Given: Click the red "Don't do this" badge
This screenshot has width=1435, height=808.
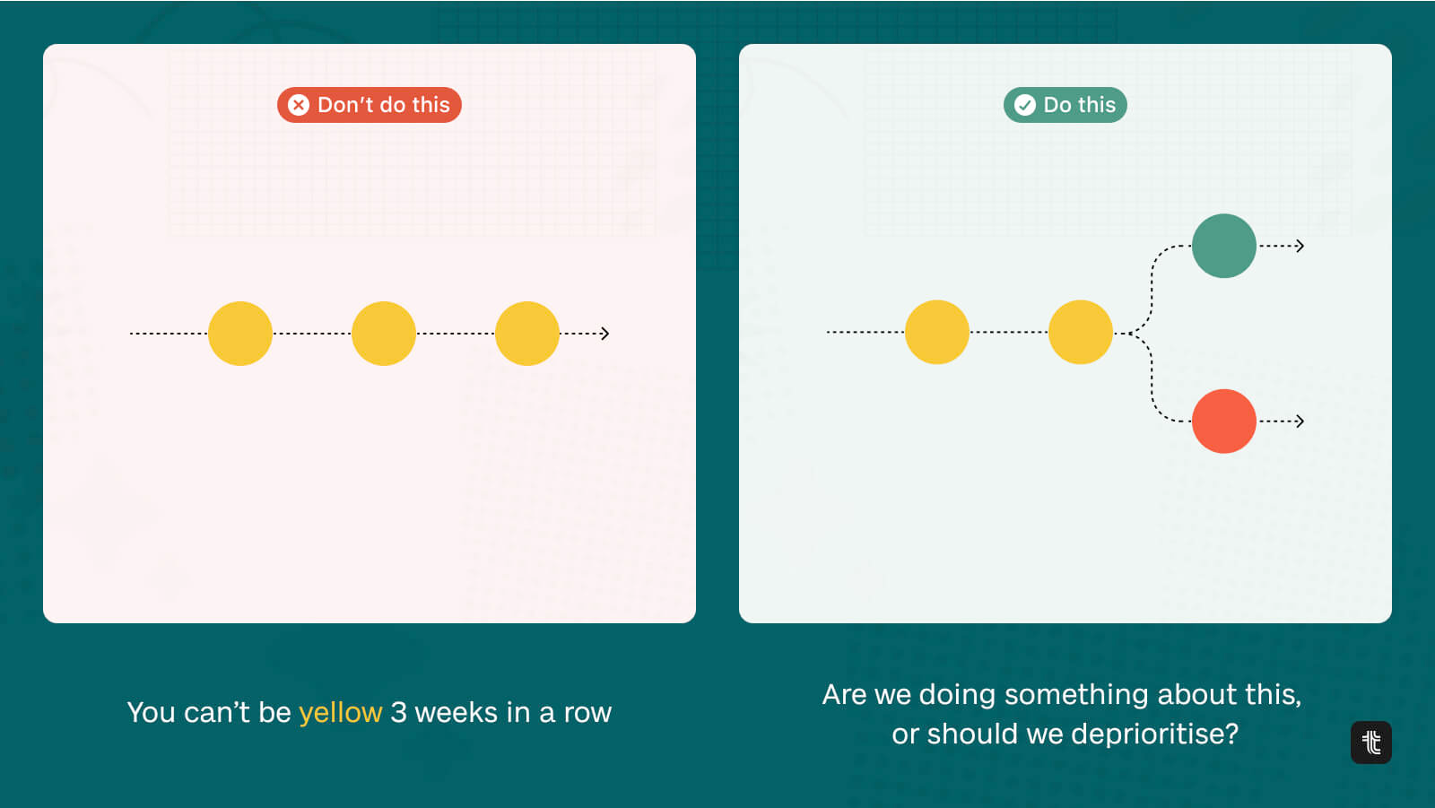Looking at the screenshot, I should [370, 105].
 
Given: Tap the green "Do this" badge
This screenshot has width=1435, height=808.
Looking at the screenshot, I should [1065, 105].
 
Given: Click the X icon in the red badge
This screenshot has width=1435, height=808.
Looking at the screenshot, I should [299, 105].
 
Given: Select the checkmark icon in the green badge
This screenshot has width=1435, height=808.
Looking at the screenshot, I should [1024, 105].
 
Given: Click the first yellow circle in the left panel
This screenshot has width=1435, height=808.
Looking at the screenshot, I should [240, 334].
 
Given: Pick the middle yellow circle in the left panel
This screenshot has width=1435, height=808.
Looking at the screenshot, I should [384, 334].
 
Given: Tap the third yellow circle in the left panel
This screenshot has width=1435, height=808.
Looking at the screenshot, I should [527, 334].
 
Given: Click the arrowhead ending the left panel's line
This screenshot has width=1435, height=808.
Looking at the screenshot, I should [605, 334].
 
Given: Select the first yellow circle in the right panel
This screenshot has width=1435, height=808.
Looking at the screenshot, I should [937, 332].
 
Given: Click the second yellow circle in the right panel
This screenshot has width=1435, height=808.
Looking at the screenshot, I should [1081, 332].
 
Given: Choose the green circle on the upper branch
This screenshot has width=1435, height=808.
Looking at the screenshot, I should [1224, 246].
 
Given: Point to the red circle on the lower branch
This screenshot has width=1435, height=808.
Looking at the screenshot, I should [1224, 421].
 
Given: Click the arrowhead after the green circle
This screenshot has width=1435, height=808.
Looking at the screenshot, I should [1300, 246].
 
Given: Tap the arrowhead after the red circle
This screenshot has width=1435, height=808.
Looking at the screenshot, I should [1300, 421].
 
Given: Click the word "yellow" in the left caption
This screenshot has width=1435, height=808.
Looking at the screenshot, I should [341, 713].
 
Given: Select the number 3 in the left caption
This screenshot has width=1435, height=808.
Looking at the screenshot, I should [399, 712].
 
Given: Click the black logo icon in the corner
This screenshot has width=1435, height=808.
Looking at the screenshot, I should [1371, 743].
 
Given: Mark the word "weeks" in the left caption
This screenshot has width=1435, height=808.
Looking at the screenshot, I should [457, 712].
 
